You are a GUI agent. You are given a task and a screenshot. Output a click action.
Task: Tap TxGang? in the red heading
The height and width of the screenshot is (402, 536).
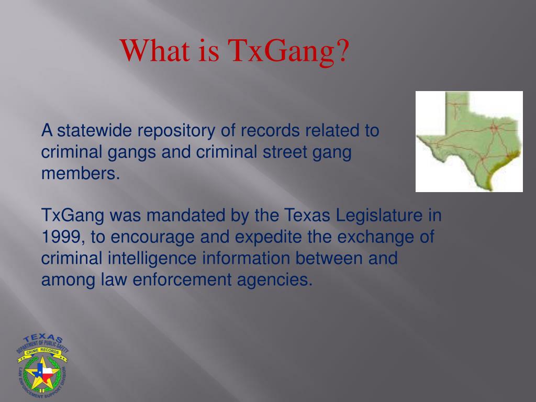tap(289, 51)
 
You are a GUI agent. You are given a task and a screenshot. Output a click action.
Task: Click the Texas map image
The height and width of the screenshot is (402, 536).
tap(469, 141)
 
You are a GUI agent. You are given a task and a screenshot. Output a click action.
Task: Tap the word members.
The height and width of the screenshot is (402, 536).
tap(81, 174)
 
